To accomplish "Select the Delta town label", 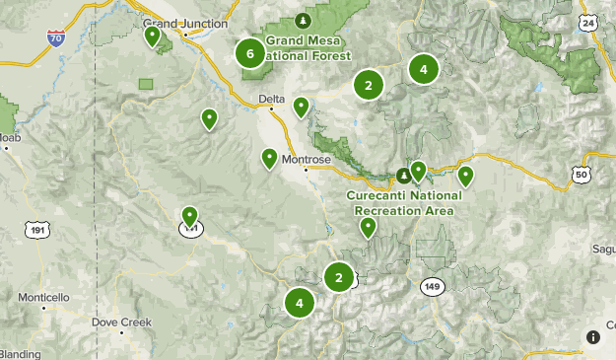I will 270,99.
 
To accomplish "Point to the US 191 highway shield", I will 37,229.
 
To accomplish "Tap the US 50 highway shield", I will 580,175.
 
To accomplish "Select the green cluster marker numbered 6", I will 250,54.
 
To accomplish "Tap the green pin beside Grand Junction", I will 153,36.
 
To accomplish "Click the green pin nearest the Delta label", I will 302,107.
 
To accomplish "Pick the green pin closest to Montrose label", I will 269,158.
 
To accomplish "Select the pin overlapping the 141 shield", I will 190,216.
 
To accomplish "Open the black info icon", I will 591,336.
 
